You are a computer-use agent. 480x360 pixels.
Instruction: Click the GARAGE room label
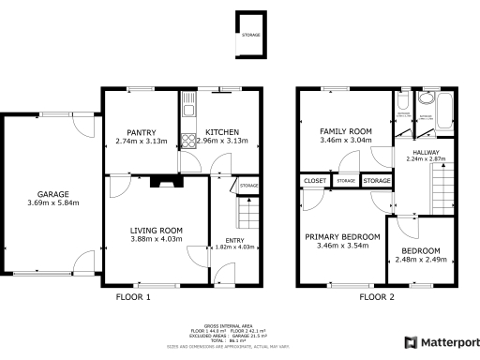tap(52, 194)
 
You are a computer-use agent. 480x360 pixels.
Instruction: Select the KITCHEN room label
tap(222, 132)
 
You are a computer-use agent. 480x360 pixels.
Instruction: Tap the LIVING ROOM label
tap(156, 231)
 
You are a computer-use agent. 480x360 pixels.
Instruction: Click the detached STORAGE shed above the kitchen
tap(250, 35)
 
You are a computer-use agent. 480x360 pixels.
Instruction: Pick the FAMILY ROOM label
tap(345, 131)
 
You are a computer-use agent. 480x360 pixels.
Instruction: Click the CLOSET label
tap(314, 180)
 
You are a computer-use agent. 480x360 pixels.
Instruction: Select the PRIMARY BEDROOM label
tap(343, 237)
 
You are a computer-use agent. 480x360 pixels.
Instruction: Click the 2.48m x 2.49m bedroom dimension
tap(425, 260)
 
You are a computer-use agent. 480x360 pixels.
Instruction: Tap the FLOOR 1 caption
tap(132, 297)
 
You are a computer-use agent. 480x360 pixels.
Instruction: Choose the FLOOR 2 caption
tap(377, 297)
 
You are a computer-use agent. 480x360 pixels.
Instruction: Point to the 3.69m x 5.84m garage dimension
tap(52, 202)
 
